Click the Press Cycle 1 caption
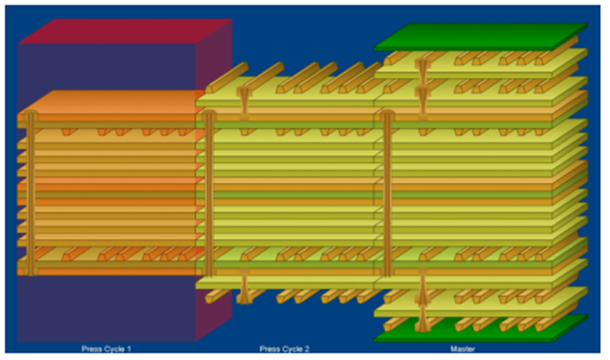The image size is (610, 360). [106, 349]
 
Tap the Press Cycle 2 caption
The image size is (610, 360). [284, 349]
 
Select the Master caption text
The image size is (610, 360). [463, 349]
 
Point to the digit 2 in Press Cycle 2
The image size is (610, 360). [307, 349]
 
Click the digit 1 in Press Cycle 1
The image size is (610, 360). [129, 349]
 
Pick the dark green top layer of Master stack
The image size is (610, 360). [481, 37]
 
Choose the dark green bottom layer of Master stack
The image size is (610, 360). [481, 329]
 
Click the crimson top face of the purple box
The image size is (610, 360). [125, 31]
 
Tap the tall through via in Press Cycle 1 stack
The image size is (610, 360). [30, 193]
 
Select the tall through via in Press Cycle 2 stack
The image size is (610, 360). [208, 193]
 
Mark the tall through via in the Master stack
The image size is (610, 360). [387, 193]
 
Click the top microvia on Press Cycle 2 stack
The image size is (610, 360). [244, 103]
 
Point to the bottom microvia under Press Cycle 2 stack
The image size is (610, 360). [244, 287]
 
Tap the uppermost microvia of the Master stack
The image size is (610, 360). [422, 71]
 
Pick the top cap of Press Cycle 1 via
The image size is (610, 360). [30, 114]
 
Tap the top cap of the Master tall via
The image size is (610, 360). [387, 114]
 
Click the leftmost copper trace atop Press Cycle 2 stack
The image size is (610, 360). [227, 78]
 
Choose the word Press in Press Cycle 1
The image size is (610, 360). [91, 349]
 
